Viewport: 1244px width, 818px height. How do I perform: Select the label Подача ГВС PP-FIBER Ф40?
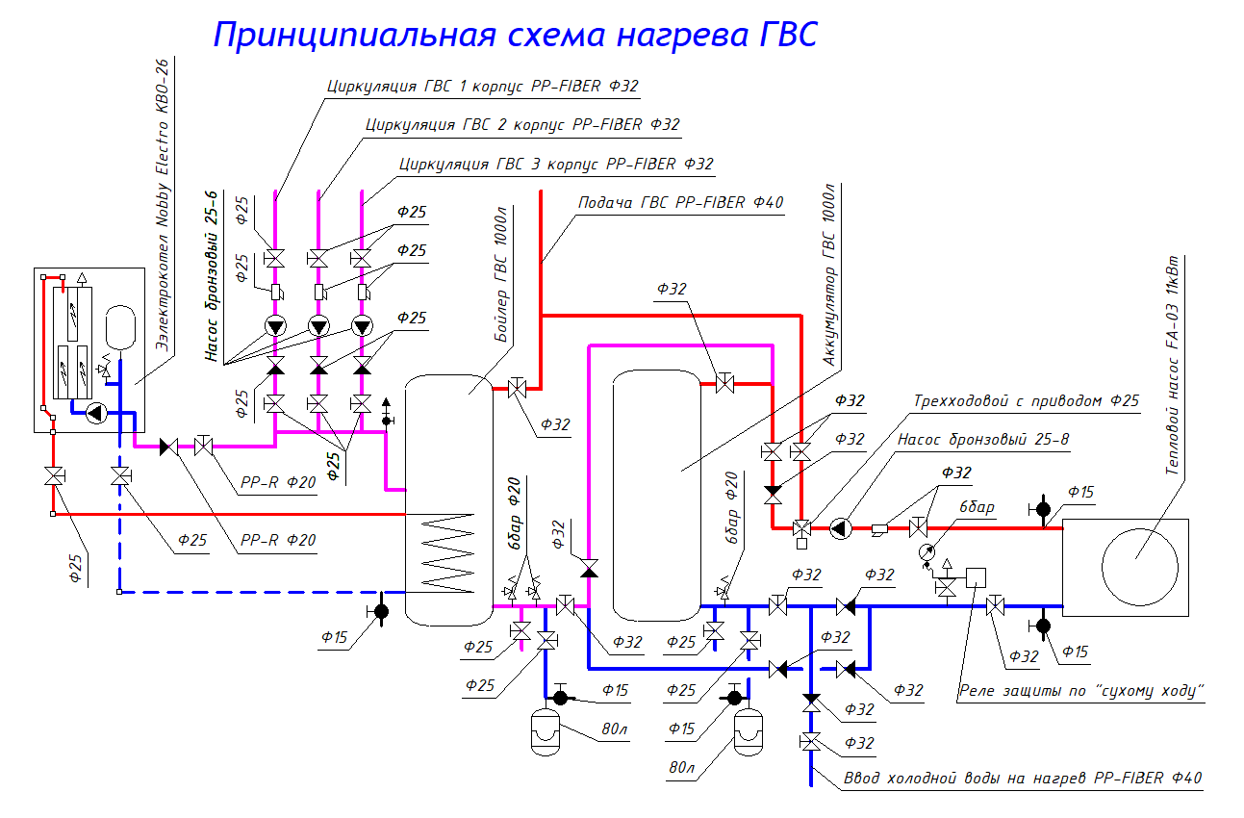tap(680, 203)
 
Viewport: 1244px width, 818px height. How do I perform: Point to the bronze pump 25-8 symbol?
tap(839, 527)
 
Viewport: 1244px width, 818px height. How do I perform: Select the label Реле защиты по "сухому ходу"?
tap(1081, 691)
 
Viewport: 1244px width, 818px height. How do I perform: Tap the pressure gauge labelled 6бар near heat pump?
tap(927, 552)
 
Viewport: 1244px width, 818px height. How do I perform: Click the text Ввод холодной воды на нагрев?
tap(967, 778)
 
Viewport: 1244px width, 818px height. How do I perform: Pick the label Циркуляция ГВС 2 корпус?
tap(522, 124)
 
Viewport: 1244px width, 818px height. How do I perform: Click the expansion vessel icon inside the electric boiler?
tap(120, 321)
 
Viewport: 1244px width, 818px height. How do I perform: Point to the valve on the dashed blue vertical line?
tap(119, 476)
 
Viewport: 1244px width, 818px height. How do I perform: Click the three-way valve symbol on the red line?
tap(800, 528)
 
